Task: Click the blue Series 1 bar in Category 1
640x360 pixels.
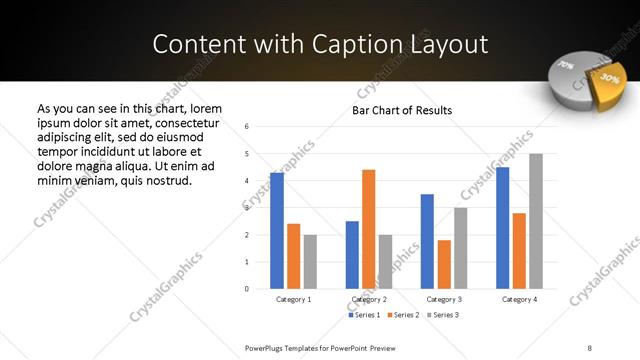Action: (277, 231)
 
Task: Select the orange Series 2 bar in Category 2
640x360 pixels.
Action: (368, 229)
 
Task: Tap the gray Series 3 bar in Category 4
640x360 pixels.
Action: (536, 221)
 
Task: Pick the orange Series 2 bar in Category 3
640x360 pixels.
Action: (444, 264)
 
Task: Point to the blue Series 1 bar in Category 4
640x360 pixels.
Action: (502, 228)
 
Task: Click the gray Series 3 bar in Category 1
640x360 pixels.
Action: (310, 262)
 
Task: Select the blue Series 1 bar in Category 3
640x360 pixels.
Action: (427, 241)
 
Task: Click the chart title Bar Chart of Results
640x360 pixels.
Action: (402, 110)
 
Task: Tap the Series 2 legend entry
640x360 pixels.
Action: (402, 315)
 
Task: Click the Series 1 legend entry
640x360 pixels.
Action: (363, 315)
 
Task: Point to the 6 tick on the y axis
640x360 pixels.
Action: (247, 126)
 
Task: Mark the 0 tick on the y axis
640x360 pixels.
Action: (247, 289)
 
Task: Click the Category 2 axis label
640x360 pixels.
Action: (369, 299)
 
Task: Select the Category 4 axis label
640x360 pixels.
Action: (519, 299)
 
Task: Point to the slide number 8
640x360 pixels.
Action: (589, 347)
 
